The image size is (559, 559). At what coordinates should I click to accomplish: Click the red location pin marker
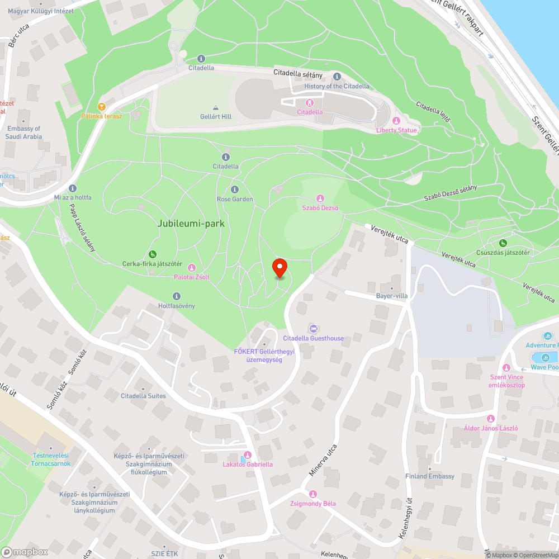pyautogui.click(x=279, y=268)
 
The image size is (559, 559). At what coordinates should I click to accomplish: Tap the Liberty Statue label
pyautogui.click(x=397, y=130)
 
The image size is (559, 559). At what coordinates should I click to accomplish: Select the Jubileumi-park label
pyautogui.click(x=191, y=223)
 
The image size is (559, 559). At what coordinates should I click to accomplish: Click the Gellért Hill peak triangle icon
pyautogui.click(x=216, y=107)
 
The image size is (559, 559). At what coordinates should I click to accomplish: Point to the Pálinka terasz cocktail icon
pyautogui.click(x=101, y=106)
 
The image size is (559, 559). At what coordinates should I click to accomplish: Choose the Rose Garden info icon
pyautogui.click(x=235, y=190)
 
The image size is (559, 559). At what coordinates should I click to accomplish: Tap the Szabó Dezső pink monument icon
pyautogui.click(x=320, y=198)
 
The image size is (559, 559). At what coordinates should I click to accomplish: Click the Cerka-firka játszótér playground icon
pyautogui.click(x=153, y=254)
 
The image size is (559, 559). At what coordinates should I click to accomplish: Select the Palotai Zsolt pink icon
pyautogui.click(x=191, y=268)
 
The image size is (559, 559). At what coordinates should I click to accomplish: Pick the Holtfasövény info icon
pyautogui.click(x=177, y=296)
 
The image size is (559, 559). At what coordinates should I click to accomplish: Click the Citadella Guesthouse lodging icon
pyautogui.click(x=313, y=329)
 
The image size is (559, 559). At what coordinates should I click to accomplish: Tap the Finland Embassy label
pyautogui.click(x=430, y=476)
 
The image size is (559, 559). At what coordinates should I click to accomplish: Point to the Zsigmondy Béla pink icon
pyautogui.click(x=313, y=494)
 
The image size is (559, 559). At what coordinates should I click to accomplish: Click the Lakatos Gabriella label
pyautogui.click(x=248, y=465)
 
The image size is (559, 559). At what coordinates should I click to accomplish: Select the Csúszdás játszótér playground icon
pyautogui.click(x=503, y=243)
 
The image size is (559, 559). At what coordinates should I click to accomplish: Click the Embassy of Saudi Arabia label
pyautogui.click(x=24, y=132)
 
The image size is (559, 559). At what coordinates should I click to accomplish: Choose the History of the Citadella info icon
pyautogui.click(x=337, y=77)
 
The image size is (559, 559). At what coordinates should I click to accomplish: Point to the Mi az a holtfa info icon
pyautogui.click(x=73, y=188)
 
